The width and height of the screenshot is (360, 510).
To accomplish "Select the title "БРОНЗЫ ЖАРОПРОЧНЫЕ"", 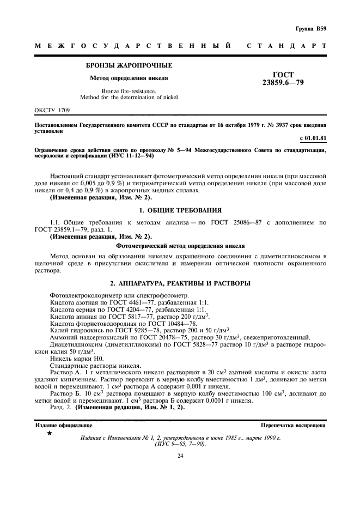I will [129, 66].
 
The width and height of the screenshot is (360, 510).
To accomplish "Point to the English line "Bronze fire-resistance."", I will [129, 91].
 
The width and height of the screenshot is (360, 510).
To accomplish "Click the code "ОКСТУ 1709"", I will [53, 110].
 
